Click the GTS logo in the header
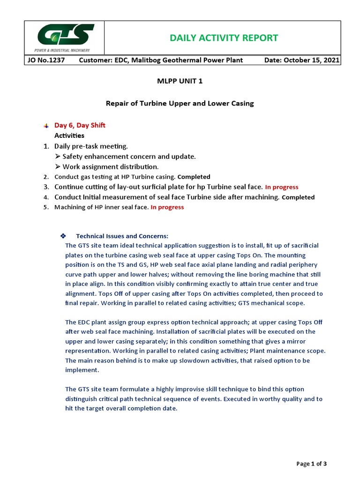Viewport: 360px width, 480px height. pos(64,38)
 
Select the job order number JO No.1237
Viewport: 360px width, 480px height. pos(45,60)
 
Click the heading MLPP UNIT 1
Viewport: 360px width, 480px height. pos(180,81)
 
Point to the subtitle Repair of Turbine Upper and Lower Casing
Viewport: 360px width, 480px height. pos(180,103)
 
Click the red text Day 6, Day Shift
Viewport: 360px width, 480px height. pos(80,125)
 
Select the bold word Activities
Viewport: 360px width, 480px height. pos(69,135)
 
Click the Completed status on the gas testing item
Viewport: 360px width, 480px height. pos(194,177)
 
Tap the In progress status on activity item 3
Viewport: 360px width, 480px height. pos(282,187)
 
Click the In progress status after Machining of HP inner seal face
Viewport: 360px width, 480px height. pos(167,207)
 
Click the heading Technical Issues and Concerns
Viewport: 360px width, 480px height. pos(122,236)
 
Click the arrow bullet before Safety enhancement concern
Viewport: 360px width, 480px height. pos(58,157)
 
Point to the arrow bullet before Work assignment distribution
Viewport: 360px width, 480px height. pos(58,167)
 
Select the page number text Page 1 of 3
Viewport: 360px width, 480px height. pos(312,464)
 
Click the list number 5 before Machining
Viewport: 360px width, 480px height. pos(45,207)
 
